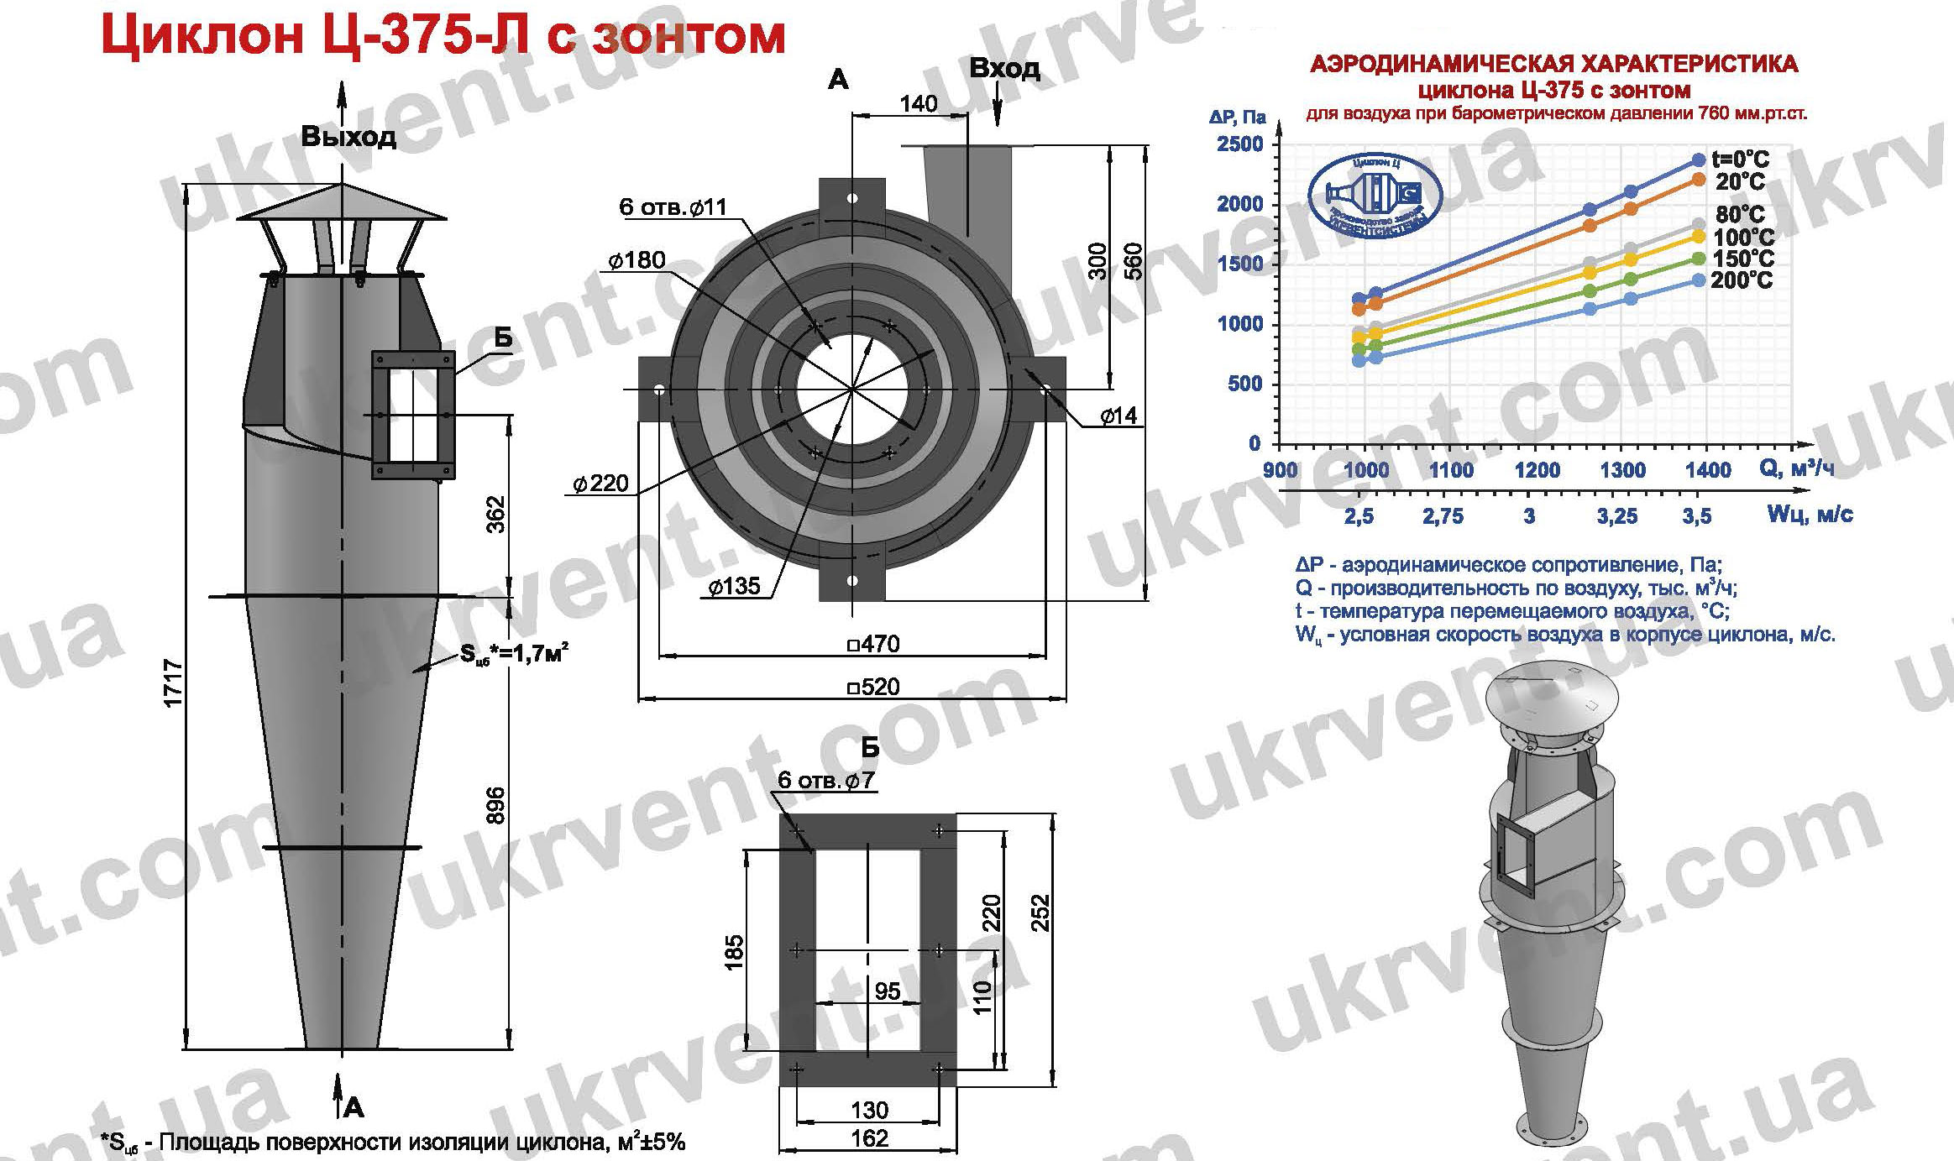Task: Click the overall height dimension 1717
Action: pyautogui.click(x=174, y=684)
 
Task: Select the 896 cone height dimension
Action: pyautogui.click(x=495, y=804)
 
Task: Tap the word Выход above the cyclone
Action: pyautogui.click(x=348, y=137)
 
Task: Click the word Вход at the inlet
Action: pyautogui.click(x=1004, y=68)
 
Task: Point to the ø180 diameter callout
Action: pyautogui.click(x=637, y=260)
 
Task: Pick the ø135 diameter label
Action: pyautogui.click(x=733, y=585)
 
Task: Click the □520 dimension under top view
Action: pyautogui.click(x=873, y=688)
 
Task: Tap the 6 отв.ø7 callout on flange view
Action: pyautogui.click(x=825, y=780)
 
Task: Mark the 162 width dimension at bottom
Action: pyautogui.click(x=869, y=1138)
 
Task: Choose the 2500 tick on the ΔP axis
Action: pyautogui.click(x=1240, y=144)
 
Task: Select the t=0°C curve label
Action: pyautogui.click(x=1741, y=159)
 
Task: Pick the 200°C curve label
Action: pyautogui.click(x=1742, y=280)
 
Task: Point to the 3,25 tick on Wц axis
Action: pyautogui.click(x=1617, y=515)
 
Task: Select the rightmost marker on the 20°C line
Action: pyautogui.click(x=1698, y=180)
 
